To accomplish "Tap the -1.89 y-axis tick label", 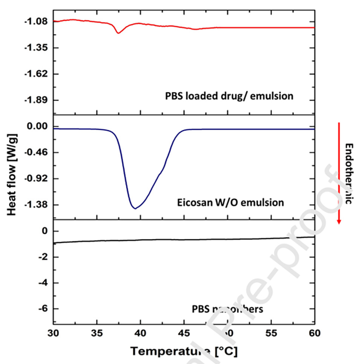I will coord(36,100).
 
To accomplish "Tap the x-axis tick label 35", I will coord(97,333).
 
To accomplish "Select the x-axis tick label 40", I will coord(141,333).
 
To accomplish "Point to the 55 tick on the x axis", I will coord(271,333).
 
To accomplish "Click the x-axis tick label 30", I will coord(54,333).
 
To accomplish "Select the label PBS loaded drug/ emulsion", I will coord(229,96).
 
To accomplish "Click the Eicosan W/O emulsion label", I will coord(230,203).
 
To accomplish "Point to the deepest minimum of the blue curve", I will coord(135,208).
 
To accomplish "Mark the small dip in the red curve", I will coord(118,33).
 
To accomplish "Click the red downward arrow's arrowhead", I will coord(339,221).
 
